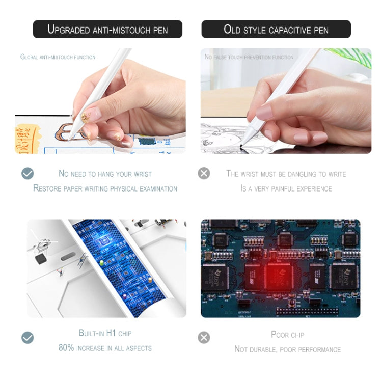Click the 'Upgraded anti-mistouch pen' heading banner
107,29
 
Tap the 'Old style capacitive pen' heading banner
276,29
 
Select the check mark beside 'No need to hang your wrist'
28,173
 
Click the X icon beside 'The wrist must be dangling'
204,173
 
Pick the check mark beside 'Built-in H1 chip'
28,337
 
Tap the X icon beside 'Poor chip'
204,337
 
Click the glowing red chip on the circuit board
279,277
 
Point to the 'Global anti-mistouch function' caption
58,57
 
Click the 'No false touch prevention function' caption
249,57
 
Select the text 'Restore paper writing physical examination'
105,188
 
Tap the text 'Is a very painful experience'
286,188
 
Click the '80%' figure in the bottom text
66,347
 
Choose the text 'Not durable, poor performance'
287,349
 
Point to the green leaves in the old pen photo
351,57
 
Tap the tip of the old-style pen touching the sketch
241,146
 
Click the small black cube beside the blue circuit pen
41,259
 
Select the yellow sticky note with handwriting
25,139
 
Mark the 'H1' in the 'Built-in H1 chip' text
111,333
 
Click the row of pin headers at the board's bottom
307,311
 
